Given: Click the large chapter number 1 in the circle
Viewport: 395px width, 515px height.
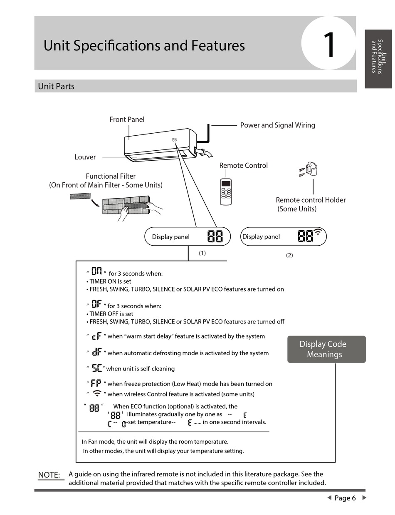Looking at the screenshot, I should coord(329,45).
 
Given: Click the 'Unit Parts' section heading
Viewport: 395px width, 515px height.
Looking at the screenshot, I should coord(56,86).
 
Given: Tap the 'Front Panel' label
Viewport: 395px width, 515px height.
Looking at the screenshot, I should coord(127,119).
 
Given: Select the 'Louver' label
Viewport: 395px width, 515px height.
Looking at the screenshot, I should coord(85,157).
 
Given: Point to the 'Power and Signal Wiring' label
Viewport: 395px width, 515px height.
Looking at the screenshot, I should coord(277,125).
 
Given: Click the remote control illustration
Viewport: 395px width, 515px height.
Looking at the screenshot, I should coord(226,192).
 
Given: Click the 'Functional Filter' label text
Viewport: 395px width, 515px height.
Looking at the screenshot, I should coord(111,176).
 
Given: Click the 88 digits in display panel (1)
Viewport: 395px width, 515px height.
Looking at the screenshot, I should coord(215,237).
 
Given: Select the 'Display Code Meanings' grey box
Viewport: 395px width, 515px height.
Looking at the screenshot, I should coord(326,349).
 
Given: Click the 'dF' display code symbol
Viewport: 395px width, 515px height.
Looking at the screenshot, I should coord(97,352).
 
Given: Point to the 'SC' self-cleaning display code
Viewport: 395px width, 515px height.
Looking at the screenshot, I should coord(96,368).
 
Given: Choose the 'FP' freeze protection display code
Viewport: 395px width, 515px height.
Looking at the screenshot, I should coord(96,383).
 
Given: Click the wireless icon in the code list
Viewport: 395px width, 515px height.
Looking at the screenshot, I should coord(96,393).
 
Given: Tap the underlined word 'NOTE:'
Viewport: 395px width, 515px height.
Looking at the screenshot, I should coord(49,475).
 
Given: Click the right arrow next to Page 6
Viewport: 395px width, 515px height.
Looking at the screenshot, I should coord(365,498).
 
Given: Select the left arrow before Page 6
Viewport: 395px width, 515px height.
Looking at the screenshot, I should coord(329,498).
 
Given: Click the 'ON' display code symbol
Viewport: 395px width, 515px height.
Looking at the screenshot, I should coord(96,272).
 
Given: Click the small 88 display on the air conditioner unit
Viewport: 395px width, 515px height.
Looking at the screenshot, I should coord(175,140).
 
